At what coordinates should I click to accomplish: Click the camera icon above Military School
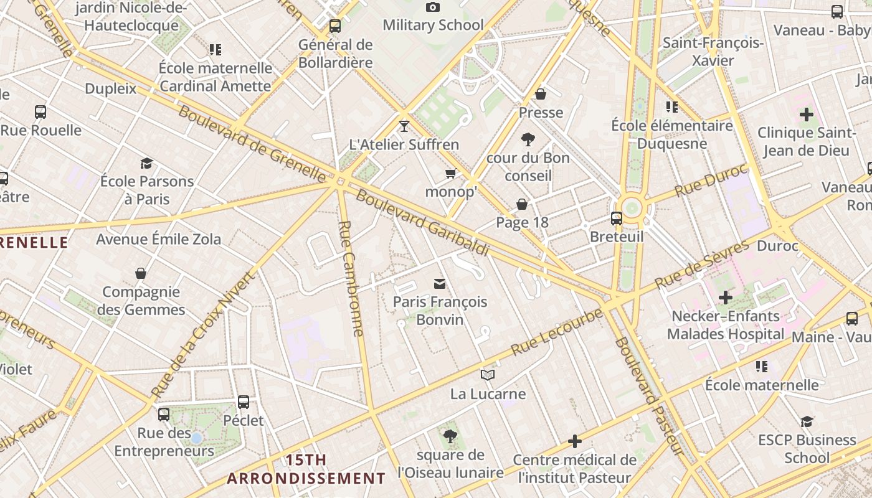coord(432,7)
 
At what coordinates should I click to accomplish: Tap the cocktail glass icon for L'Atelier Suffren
coord(404,126)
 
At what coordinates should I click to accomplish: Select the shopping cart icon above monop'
coord(450,173)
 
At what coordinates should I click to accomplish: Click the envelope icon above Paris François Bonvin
coord(440,284)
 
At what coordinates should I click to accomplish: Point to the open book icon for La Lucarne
coord(488,375)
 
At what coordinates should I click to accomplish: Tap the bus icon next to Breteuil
coord(617,218)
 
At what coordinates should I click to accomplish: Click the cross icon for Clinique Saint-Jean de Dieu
coord(807,115)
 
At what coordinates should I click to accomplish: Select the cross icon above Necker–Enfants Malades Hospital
coord(725,298)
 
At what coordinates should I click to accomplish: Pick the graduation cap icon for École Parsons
coord(146,163)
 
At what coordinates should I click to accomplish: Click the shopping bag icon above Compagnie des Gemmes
coord(141,273)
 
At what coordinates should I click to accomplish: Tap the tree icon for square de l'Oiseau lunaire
coord(450,436)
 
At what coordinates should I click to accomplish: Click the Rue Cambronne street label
coord(351,278)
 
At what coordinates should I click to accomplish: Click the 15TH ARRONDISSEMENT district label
coord(306,469)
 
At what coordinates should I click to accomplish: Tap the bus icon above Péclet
coord(244,402)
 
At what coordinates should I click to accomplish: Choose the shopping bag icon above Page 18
coord(522,204)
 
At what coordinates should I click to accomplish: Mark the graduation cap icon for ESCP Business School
coord(807,421)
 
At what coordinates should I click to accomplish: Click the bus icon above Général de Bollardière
coord(335,26)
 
